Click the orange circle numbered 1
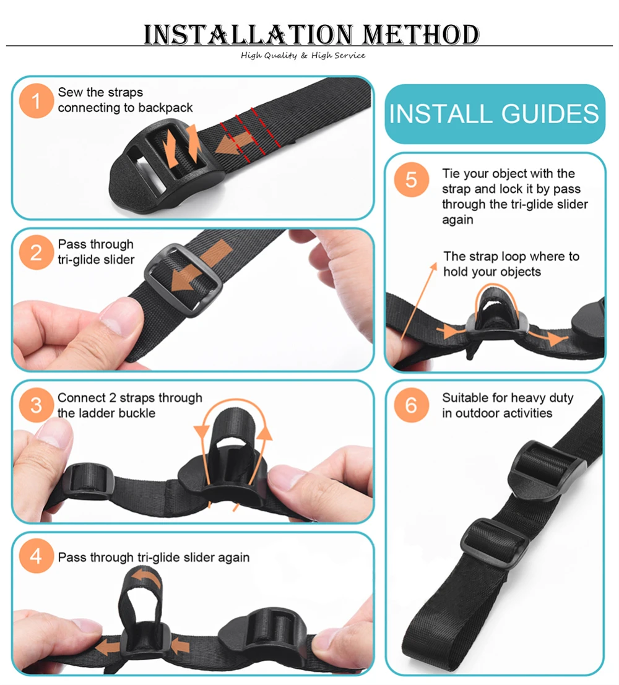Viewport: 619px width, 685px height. coord(36,101)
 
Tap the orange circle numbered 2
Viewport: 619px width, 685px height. coord(36,252)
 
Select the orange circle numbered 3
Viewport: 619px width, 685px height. coord(36,405)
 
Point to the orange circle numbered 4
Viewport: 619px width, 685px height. coord(36,556)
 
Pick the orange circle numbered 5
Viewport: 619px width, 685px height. coord(411,179)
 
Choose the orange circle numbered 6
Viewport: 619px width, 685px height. coord(411,405)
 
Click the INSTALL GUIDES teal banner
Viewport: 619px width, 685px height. coord(495,114)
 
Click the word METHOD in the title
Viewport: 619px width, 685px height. coord(421,35)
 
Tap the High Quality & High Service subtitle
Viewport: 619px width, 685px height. coord(303,56)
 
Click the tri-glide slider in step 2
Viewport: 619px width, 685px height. coord(183,280)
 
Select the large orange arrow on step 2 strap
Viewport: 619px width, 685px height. coord(200,267)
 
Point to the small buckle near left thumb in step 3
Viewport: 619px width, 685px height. coord(88,481)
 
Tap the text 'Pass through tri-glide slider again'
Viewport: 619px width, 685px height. coord(154,558)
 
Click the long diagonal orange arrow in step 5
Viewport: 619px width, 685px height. coord(418,301)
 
